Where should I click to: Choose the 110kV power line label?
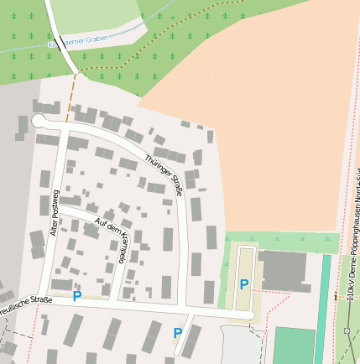point(352,252)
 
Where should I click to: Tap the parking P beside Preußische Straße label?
point(77,295)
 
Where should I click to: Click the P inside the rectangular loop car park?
point(244,284)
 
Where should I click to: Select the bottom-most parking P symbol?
point(177,333)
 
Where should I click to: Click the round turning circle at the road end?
point(39,122)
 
